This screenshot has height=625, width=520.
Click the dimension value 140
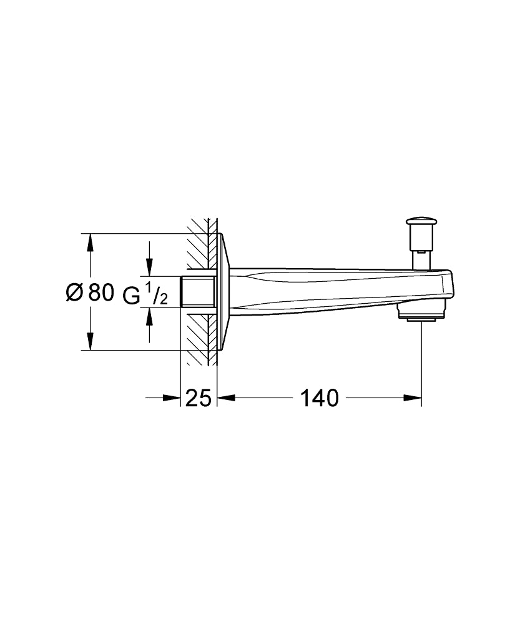[320, 398]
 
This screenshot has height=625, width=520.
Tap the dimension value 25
[199, 398]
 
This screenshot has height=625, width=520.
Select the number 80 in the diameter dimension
[101, 292]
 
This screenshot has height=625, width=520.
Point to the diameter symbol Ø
[74, 292]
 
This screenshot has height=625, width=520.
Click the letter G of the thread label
[131, 294]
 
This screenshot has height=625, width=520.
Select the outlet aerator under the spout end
[421, 312]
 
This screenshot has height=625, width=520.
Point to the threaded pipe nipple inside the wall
[197, 291]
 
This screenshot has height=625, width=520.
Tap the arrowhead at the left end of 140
[225, 397]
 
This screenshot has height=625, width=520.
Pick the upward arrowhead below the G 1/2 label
[149, 316]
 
